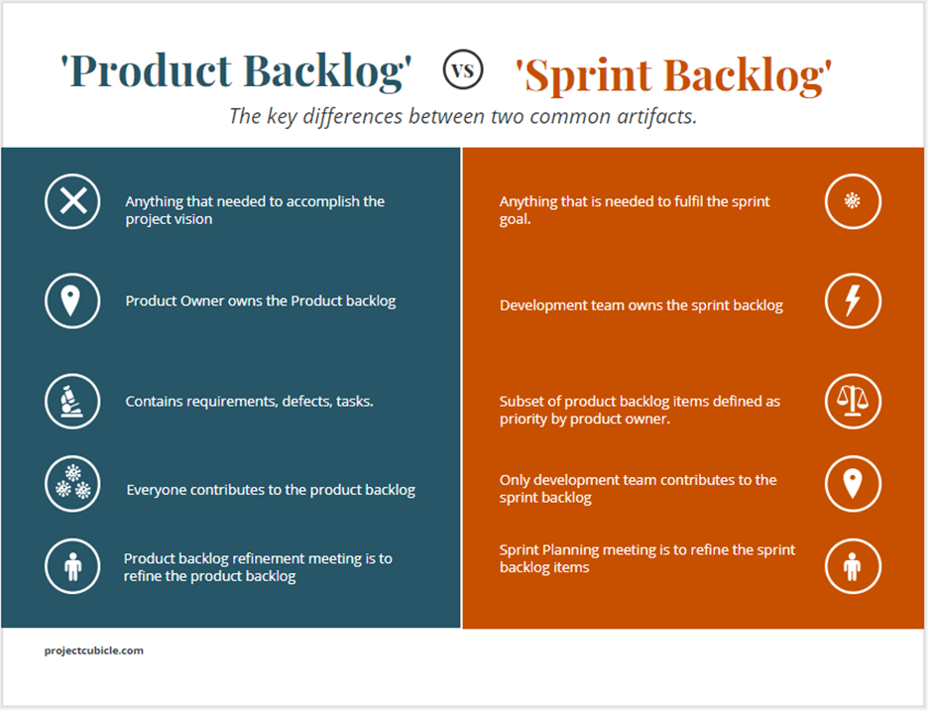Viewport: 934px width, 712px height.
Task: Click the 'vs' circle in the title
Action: (463, 69)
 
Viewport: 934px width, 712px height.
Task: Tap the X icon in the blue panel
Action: (72, 201)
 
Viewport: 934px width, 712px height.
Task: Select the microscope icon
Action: (72, 401)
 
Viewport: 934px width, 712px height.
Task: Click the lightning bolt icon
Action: (853, 300)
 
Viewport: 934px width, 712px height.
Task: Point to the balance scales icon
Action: (853, 401)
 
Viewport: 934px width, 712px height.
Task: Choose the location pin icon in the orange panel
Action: (853, 483)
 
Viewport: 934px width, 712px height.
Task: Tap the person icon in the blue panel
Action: (72, 566)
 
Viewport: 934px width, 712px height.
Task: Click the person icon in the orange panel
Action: (853, 566)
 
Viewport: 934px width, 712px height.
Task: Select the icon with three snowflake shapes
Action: (72, 483)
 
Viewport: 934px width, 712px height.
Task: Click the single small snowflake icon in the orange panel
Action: (853, 201)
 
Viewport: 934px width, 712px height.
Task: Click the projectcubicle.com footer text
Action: (94, 651)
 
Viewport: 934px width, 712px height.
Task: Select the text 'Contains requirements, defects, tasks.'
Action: (250, 402)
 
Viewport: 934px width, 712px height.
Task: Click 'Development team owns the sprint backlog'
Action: (641, 305)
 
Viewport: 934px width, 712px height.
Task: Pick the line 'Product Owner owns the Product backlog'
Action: (261, 301)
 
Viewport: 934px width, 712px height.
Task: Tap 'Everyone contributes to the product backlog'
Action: (271, 490)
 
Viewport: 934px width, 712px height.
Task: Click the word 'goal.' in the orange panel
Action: (515, 219)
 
